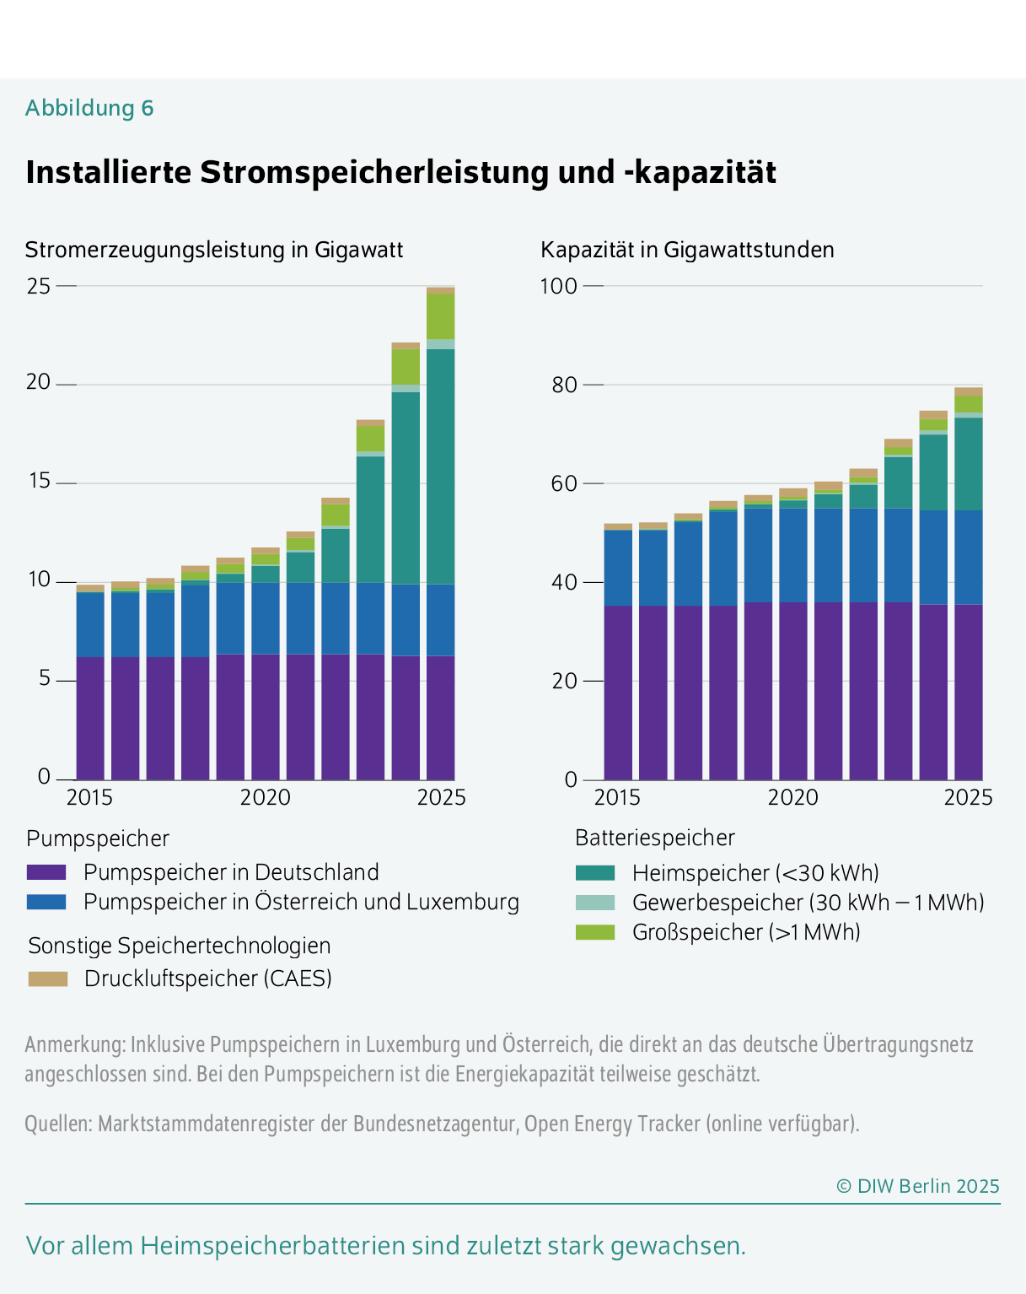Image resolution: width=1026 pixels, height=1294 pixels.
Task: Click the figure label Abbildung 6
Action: point(89,108)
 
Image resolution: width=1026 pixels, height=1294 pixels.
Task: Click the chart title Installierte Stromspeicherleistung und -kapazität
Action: point(400,172)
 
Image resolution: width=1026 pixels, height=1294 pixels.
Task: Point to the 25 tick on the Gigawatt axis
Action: point(39,286)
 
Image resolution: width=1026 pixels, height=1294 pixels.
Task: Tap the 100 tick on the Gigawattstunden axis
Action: point(558,286)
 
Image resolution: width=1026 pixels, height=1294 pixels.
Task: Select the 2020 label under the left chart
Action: point(265,797)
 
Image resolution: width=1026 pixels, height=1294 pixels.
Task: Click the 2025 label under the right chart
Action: point(968,797)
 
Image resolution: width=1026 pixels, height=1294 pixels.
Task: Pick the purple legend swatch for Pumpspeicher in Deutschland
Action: point(46,872)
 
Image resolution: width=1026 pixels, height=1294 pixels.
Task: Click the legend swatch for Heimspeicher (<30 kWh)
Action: point(595,872)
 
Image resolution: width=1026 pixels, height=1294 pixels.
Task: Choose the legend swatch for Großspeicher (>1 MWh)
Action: point(595,932)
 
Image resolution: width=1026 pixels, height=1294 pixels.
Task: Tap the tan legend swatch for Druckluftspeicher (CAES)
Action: point(47,979)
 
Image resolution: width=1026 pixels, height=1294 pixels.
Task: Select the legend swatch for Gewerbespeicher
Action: point(595,903)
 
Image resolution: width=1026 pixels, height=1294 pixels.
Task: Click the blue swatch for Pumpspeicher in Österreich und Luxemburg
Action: point(46,902)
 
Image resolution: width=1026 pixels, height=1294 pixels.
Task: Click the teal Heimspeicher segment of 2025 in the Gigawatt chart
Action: point(440,466)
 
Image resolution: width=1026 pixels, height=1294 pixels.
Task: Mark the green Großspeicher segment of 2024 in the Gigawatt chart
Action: point(406,366)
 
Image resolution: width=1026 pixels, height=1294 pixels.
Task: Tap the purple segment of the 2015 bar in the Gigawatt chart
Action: point(90,717)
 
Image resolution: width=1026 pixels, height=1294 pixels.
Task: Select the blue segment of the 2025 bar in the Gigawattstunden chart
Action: point(968,557)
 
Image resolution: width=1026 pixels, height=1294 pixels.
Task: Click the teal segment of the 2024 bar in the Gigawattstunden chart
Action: point(933,472)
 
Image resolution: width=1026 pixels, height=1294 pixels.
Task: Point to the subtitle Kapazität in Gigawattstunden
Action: point(687,250)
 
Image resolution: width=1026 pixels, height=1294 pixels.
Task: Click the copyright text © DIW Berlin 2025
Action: point(917,1186)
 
